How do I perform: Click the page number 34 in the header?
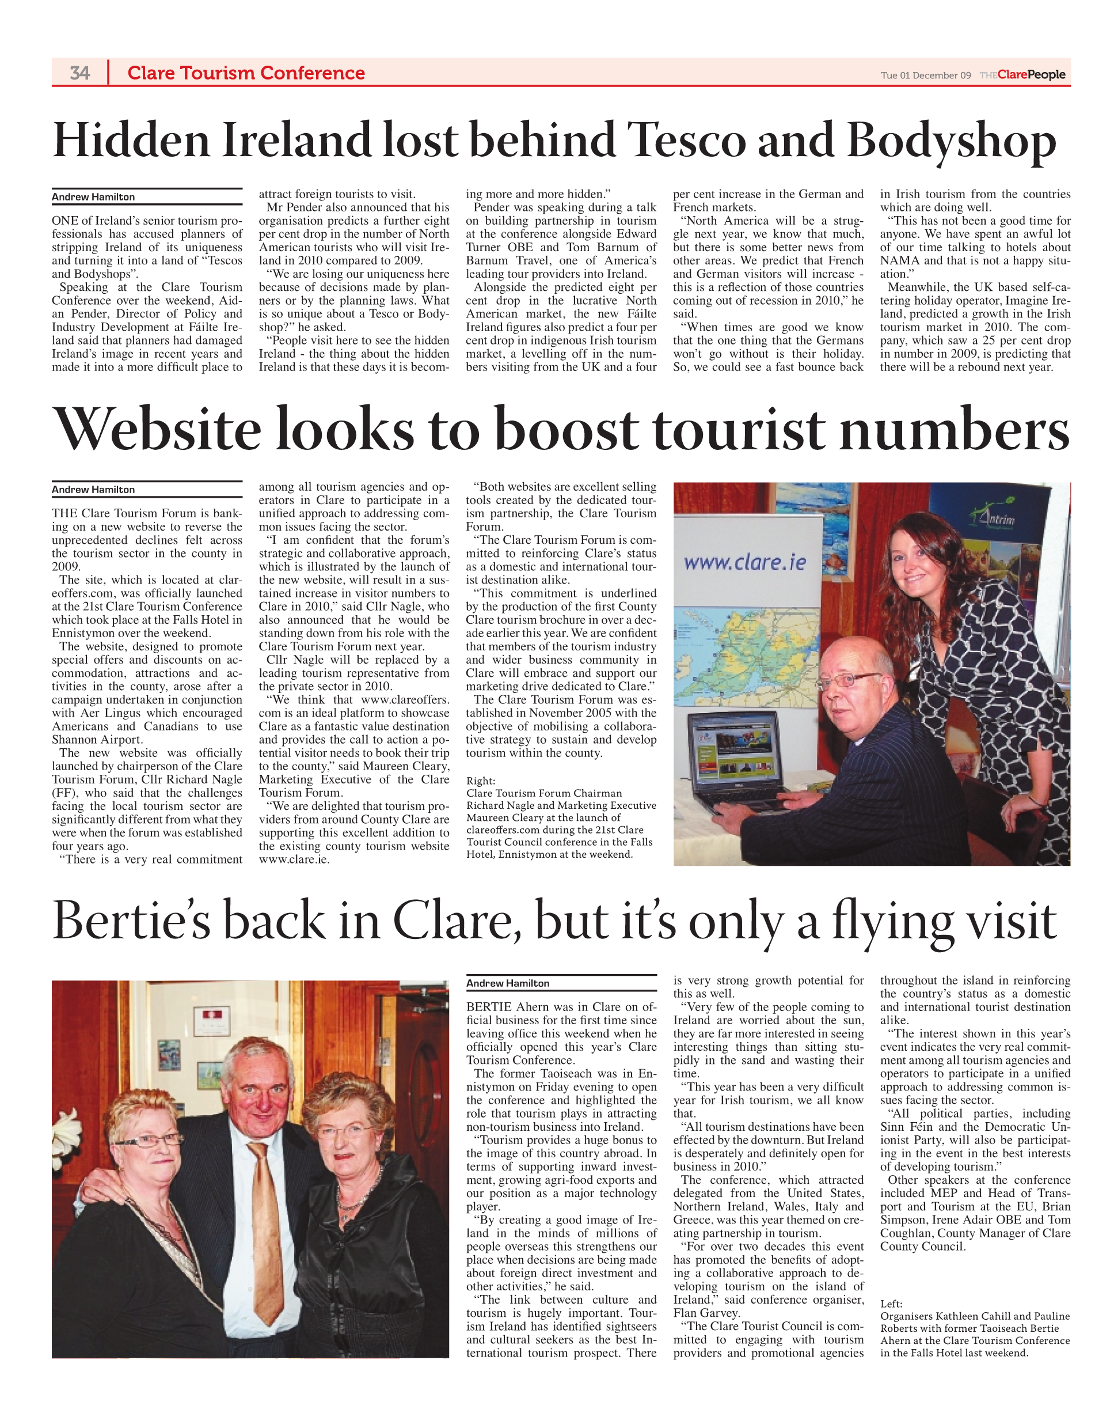[x=79, y=73]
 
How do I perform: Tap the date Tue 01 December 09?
[x=926, y=75]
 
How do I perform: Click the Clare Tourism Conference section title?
[x=246, y=73]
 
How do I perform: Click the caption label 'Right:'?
[x=481, y=781]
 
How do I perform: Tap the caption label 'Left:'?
[x=891, y=1304]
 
